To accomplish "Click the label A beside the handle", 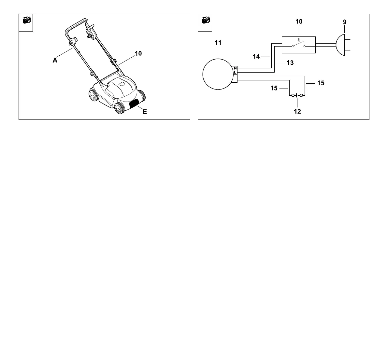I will (x=55, y=60).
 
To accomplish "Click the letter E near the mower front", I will (x=145, y=112).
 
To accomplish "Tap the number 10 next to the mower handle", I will (x=138, y=53).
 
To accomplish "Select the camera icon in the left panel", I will (x=26, y=21).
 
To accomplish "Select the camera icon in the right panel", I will (x=205, y=21).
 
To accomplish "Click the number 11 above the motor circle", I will (x=218, y=43).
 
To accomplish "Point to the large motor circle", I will (x=217, y=74).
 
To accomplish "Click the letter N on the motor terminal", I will (x=235, y=68).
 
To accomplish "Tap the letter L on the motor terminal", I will (x=235, y=72).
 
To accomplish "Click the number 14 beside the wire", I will (x=256, y=57).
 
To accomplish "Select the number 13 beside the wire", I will (x=290, y=63).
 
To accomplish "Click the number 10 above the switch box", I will (x=299, y=22).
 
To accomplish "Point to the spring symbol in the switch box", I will (x=299, y=40).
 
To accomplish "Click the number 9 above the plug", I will (x=345, y=22).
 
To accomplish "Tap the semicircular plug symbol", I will (x=341, y=45).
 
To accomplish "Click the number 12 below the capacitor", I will (x=297, y=112).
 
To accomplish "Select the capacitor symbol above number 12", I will (x=297, y=95).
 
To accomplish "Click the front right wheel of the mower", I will (x=119, y=108).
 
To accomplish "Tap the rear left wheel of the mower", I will (x=93, y=96).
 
